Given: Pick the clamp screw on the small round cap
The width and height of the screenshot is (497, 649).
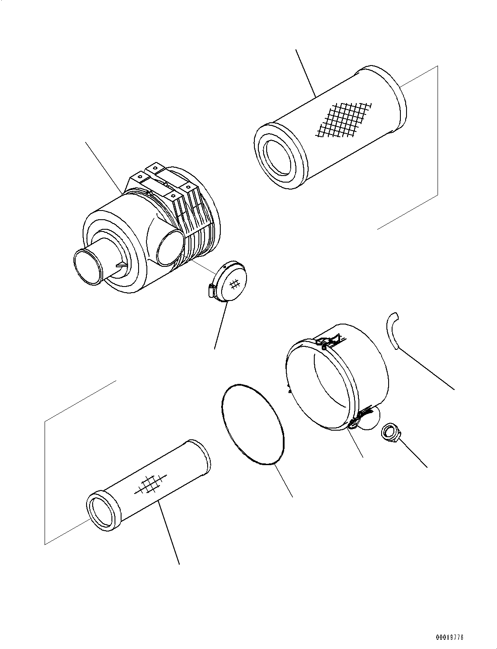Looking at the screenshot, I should click(211, 290).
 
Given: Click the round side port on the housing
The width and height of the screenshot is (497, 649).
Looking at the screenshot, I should click(169, 248).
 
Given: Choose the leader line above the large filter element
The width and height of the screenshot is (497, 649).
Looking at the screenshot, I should click(306, 72).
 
